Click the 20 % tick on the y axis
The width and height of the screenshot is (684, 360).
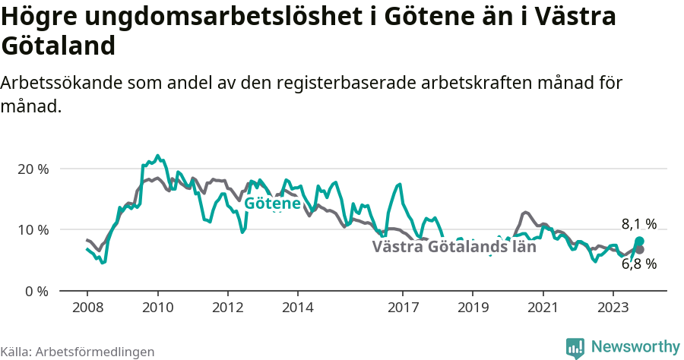click(x=32, y=169)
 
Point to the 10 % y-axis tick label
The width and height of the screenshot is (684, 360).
click(x=32, y=229)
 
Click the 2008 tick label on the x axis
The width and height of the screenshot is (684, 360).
click(x=87, y=308)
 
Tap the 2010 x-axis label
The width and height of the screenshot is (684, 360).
click(x=157, y=308)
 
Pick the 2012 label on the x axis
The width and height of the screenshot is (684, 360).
click(x=227, y=308)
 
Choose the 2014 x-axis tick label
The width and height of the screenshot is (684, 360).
click(x=297, y=308)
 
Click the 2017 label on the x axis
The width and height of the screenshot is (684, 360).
click(x=403, y=308)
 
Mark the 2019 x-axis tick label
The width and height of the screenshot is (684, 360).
click(x=473, y=308)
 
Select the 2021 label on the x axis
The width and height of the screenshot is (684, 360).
click(x=543, y=308)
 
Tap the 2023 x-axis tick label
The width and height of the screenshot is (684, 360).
click(x=613, y=308)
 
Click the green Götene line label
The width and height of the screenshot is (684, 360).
click(x=272, y=204)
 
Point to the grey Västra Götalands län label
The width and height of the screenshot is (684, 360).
click(x=454, y=247)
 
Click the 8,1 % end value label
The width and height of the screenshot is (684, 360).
click(x=638, y=224)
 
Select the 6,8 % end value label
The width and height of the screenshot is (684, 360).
click(x=638, y=264)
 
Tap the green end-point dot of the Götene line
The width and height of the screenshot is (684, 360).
click(x=639, y=242)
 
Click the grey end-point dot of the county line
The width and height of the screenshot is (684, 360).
click(x=639, y=250)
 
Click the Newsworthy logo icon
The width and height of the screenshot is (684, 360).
click(x=575, y=348)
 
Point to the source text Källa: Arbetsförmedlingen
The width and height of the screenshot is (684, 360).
click(x=78, y=352)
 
